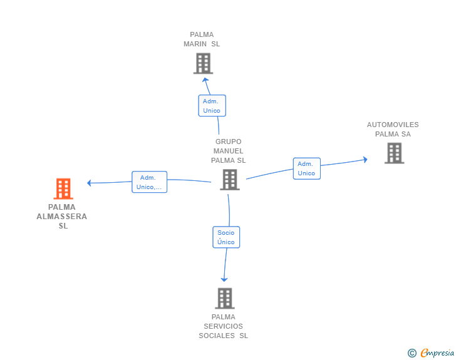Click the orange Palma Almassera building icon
pos(63,188)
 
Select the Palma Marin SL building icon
pos(203,63)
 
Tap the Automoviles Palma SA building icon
pos(394,153)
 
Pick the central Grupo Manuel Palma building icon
pos(230,180)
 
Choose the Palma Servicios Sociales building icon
pos(225,298)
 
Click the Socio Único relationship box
pos(226,237)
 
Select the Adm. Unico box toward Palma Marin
pos(212,105)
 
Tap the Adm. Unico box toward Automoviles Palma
pos(306,168)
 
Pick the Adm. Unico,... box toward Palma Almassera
pos(149,182)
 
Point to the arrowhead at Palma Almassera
pos(90,183)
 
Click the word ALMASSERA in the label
pos(62,217)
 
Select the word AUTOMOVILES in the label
pos(393,125)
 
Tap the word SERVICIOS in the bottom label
pos(224,326)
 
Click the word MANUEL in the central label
pos(228,151)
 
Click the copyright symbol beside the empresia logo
pos(412,354)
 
